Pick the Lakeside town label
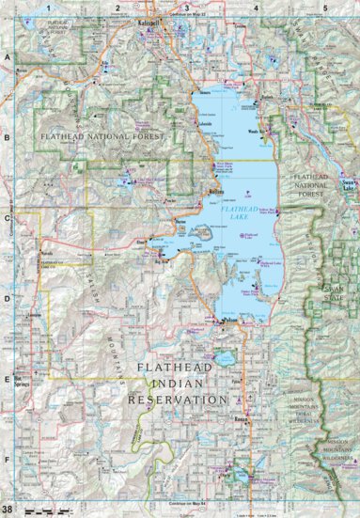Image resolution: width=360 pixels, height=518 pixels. [x=209, y=123]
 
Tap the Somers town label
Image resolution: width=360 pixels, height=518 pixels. [x=206, y=94]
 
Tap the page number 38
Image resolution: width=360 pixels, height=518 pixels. [x=8, y=510]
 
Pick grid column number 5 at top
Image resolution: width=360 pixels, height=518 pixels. [x=325, y=8]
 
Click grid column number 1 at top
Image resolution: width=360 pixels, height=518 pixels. [x=44, y=8]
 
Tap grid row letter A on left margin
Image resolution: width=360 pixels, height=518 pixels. [x=7, y=57]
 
